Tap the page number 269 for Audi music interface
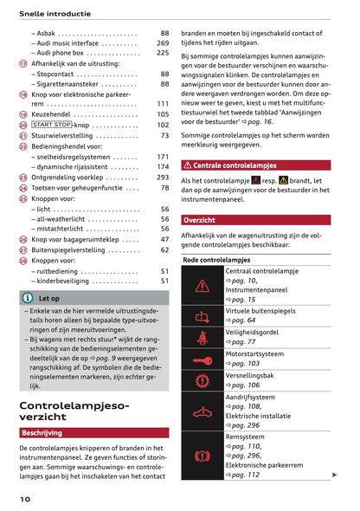click(163, 42)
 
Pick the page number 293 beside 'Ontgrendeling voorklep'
click(163, 177)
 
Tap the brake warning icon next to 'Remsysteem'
click(202, 455)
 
